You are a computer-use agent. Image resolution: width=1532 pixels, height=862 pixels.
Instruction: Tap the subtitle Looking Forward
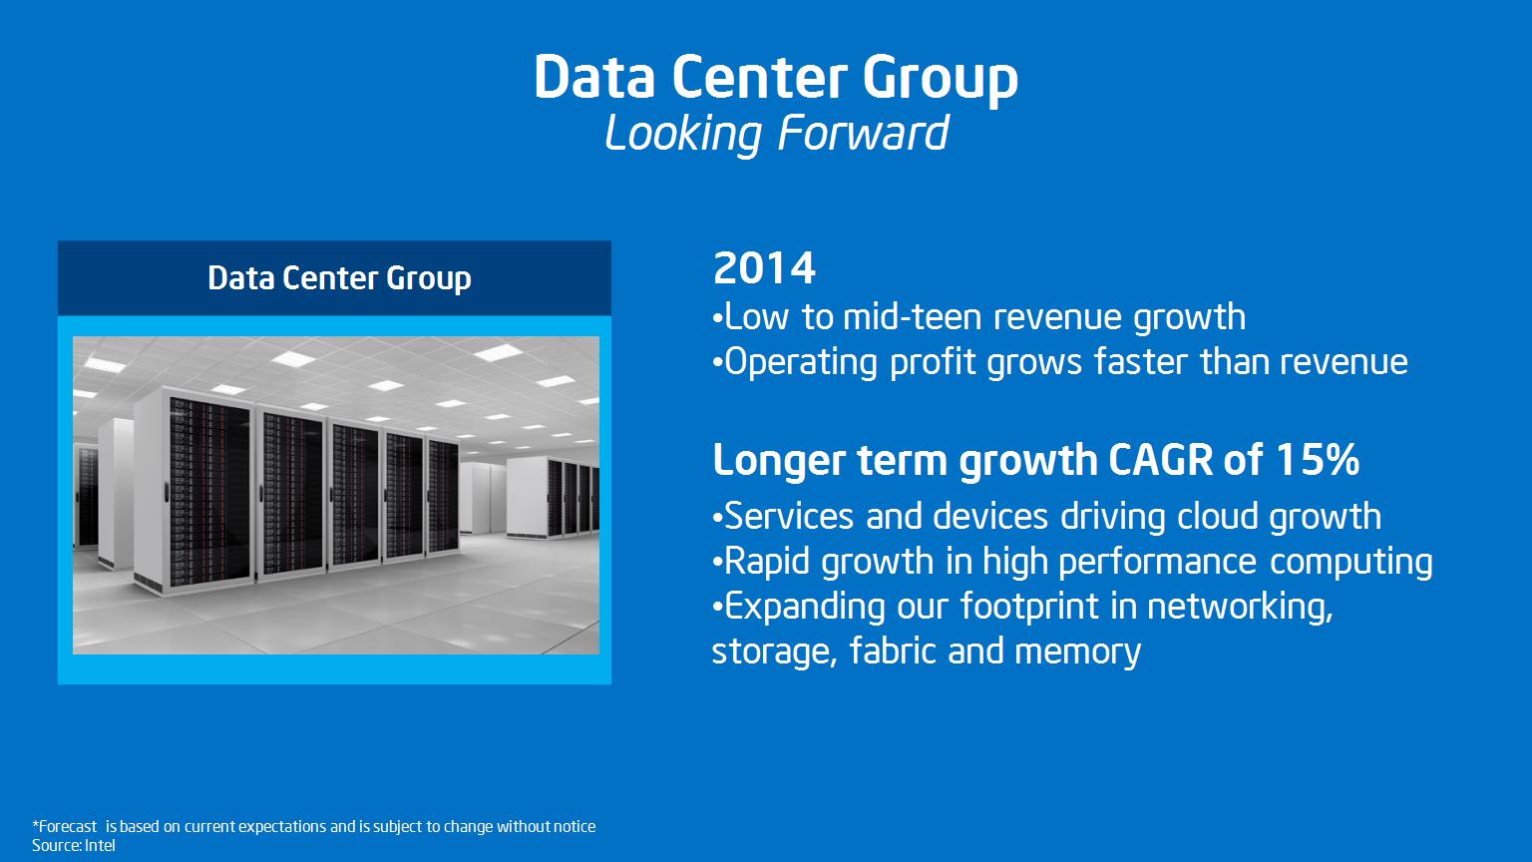click(777, 134)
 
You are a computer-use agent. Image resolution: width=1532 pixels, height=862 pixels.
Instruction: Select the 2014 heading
click(764, 268)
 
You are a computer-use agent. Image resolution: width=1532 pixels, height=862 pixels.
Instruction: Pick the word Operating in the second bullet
click(800, 362)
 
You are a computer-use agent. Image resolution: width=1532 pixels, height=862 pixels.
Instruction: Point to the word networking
click(1240, 607)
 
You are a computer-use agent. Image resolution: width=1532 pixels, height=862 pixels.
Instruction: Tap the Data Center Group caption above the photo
click(339, 278)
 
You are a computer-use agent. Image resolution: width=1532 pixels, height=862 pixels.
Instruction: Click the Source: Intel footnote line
click(73, 846)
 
